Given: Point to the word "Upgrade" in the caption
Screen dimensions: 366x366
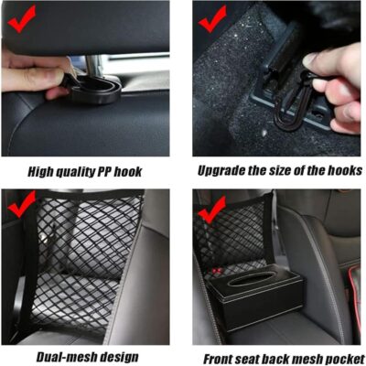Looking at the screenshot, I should click(222, 169).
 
